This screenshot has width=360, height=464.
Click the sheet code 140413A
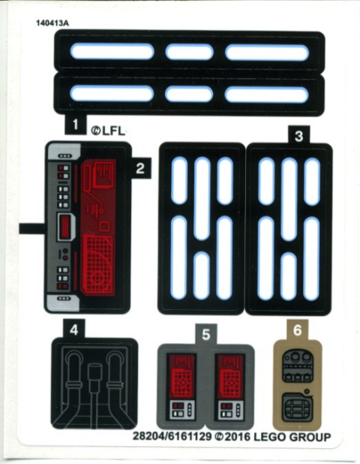[x=52, y=23]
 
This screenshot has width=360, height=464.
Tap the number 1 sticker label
[x=75, y=125]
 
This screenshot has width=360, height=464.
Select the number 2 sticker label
[x=140, y=168]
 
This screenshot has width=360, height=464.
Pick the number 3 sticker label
[x=298, y=137]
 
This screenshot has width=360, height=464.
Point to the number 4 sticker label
[x=74, y=330]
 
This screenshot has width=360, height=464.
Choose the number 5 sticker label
[x=206, y=335]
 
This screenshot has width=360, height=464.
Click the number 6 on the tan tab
[x=297, y=330]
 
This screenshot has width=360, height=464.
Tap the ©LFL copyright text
[x=107, y=131]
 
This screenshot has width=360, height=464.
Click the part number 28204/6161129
[x=172, y=437]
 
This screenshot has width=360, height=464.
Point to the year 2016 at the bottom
[x=238, y=437]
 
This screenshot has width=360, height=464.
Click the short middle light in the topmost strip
[x=189, y=52]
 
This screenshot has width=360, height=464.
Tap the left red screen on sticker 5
[x=181, y=376]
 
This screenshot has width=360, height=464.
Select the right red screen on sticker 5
[x=230, y=376]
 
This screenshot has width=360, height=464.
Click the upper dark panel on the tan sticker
[x=298, y=366]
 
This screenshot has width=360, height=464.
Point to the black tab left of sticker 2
[x=32, y=228]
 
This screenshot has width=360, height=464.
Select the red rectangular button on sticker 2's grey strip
[x=64, y=227]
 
